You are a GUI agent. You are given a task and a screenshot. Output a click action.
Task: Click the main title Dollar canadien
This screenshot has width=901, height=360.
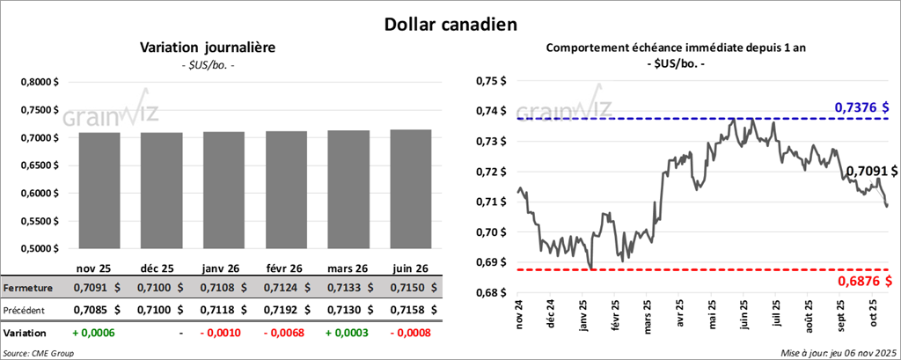tap(450, 25)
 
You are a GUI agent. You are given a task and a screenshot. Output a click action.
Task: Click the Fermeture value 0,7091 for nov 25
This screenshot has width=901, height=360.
tap(89, 287)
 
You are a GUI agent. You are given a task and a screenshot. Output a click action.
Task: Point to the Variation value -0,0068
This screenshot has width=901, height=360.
tap(286, 334)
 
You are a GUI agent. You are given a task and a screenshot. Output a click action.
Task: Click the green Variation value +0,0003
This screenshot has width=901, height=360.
tap(348, 334)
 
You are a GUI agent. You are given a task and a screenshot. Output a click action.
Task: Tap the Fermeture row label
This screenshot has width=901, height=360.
tap(28, 287)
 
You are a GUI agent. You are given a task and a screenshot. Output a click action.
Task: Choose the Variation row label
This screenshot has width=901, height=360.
tap(26, 334)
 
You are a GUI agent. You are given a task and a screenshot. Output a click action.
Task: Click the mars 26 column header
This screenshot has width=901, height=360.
tap(348, 268)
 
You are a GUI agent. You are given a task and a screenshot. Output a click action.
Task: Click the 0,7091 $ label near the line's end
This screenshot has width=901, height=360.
tap(871, 170)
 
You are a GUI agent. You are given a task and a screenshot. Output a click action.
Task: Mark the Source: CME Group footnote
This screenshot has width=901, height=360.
tap(39, 353)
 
